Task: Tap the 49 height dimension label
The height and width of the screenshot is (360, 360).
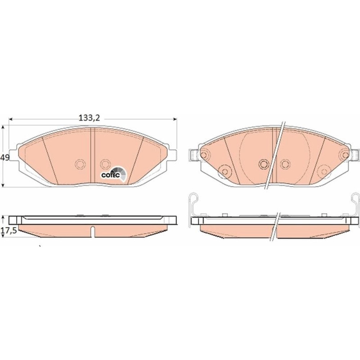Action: pos(5,158)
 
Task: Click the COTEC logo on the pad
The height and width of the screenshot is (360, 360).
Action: pos(114,174)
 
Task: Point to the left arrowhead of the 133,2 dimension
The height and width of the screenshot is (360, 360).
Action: pos(10,119)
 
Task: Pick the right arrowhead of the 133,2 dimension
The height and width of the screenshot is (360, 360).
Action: pos(175,119)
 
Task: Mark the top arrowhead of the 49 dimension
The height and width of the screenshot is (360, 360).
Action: pos(3,127)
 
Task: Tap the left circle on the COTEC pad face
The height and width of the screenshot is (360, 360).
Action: pos(80,164)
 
